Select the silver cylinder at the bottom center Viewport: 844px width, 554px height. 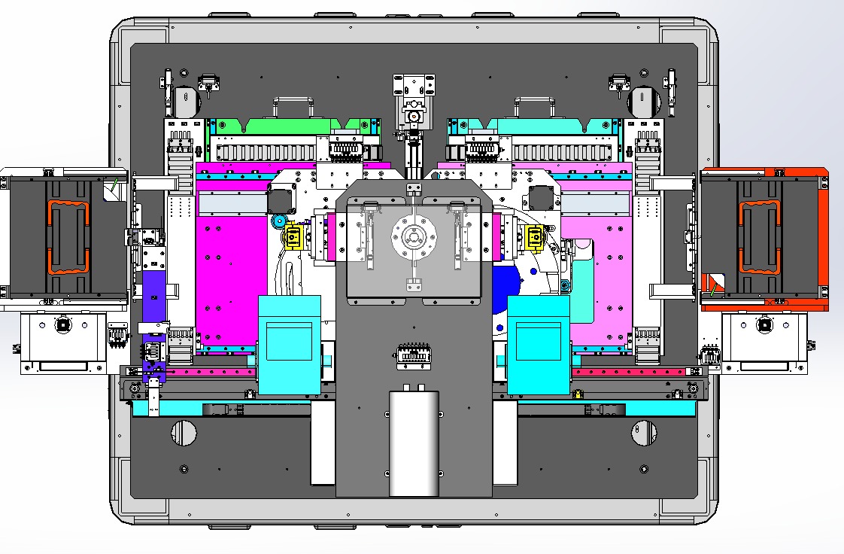tap(413, 443)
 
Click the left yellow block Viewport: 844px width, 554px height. tap(292, 239)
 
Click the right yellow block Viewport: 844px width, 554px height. tap(535, 238)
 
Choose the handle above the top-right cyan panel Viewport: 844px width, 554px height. tap(534, 105)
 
